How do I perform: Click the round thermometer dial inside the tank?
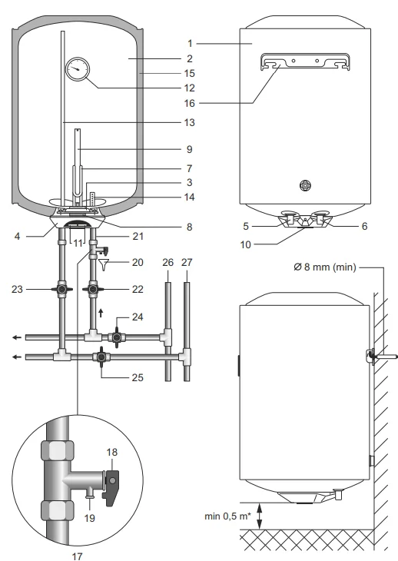point(76,69)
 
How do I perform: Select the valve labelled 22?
point(94,290)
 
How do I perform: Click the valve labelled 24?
point(117,337)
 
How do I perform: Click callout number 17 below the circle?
point(75,553)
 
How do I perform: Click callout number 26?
point(168,262)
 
